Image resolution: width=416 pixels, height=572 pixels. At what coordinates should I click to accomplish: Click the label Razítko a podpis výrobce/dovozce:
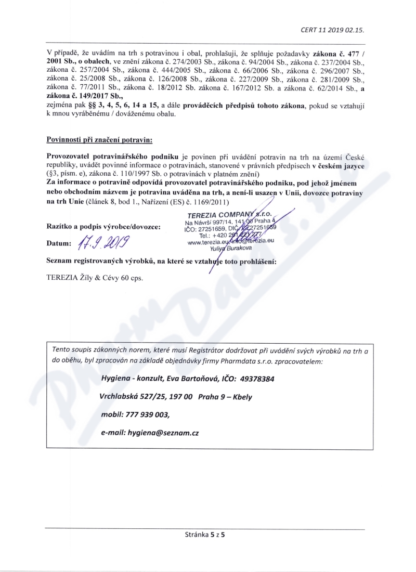click(103, 226)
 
